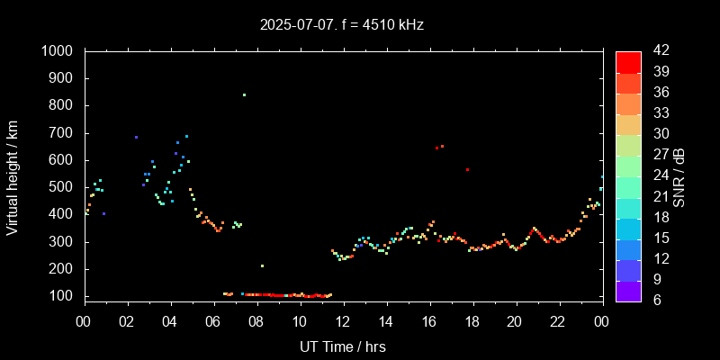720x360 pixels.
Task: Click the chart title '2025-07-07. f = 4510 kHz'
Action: coord(341,25)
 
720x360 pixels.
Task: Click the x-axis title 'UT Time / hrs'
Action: coord(342,346)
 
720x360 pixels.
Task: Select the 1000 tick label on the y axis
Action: coord(58,51)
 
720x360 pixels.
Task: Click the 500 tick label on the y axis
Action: coord(63,187)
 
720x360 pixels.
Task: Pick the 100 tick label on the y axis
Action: coord(63,296)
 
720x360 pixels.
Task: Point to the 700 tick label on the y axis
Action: coord(63,133)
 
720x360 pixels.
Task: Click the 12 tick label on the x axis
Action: coord(342,321)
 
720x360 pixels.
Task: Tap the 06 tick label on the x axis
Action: coord(213,321)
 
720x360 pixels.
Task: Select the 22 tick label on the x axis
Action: coord(558,321)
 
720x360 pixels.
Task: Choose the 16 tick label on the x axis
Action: coord(428,321)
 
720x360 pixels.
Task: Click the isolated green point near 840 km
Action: coord(244,94)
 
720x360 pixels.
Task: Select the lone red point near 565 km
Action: coord(467,169)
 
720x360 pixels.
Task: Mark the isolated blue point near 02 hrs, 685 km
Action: coord(136,137)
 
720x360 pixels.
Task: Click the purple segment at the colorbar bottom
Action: coord(628,291)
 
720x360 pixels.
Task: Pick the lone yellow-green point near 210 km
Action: coord(262,265)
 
